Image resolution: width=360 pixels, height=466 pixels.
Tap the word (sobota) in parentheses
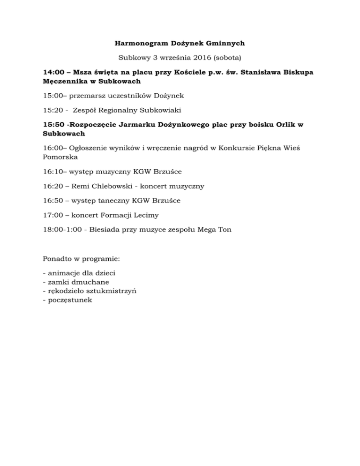(227, 58)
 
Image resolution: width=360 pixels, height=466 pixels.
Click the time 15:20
(52, 110)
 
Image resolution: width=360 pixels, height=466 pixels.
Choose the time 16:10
(52, 171)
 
